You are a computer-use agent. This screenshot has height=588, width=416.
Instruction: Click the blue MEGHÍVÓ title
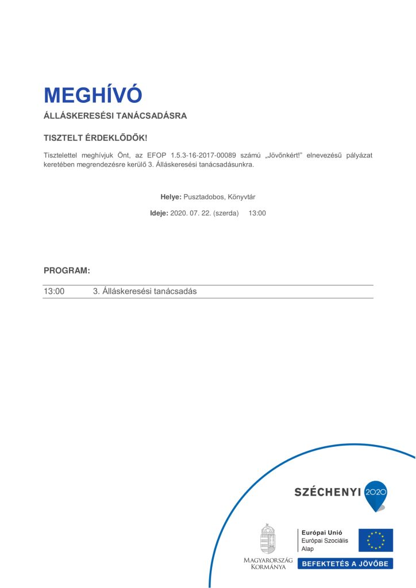click(x=93, y=95)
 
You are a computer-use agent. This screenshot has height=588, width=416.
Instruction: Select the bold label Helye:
click(x=171, y=197)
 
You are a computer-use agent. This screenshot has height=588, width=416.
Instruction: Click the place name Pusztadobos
click(x=204, y=197)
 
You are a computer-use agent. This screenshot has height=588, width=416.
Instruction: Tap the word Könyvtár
click(x=241, y=197)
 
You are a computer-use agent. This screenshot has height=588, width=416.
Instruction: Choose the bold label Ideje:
click(x=159, y=213)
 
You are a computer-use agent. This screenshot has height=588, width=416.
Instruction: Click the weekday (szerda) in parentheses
click(x=226, y=213)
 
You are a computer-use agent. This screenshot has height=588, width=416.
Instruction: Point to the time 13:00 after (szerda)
click(x=257, y=213)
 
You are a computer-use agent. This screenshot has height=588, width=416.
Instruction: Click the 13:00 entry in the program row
click(x=54, y=291)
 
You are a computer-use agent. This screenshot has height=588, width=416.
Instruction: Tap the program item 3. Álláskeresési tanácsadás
click(x=145, y=291)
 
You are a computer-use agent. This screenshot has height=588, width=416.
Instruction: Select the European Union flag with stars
click(x=376, y=540)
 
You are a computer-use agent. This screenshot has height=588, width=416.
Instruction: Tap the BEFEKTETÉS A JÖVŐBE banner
click(x=345, y=563)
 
